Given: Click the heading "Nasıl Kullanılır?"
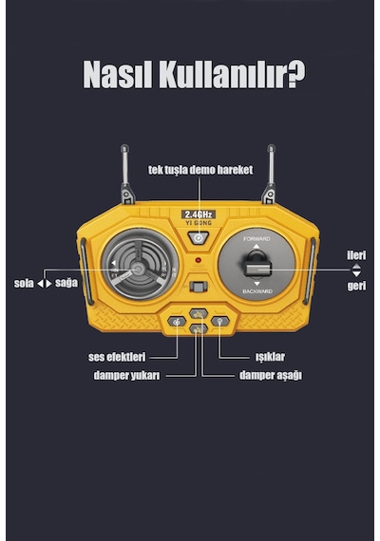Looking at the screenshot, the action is click(194, 75).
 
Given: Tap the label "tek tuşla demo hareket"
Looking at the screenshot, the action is click(200, 170).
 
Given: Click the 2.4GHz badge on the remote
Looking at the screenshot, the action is click(199, 215).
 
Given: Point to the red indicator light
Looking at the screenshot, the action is click(198, 260).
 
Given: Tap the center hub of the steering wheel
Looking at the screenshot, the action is click(138, 270).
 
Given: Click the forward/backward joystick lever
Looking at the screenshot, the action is click(257, 265).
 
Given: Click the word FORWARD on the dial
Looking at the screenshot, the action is click(256, 239).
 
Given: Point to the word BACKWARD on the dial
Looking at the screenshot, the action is click(257, 291).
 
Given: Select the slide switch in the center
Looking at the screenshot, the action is click(199, 287).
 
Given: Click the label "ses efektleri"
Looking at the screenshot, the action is click(117, 357).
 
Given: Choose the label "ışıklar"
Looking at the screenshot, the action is click(270, 357).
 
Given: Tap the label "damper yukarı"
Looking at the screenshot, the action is click(126, 376).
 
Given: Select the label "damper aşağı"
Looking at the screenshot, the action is click(271, 376).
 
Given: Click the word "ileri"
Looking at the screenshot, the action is click(356, 255).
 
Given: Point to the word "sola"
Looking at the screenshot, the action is click(24, 284).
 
